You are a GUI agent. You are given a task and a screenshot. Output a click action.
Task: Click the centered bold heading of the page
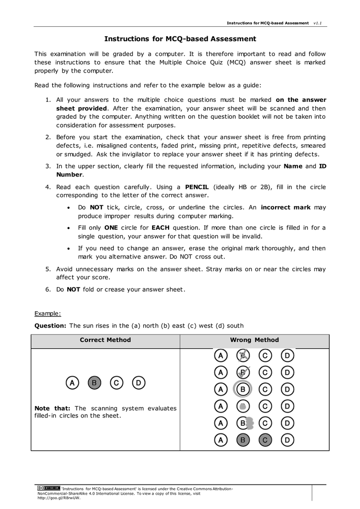(180, 39)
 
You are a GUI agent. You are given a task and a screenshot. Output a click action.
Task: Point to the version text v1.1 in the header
(317, 23)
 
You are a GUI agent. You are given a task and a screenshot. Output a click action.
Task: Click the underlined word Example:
(47, 313)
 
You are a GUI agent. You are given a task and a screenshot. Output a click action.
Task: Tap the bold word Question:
(50, 326)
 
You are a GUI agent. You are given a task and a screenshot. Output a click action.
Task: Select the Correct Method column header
(105, 340)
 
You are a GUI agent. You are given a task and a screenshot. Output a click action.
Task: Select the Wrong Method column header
(254, 340)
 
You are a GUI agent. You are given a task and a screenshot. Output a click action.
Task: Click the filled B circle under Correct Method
(94, 383)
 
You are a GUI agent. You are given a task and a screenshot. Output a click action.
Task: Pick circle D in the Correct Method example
(139, 383)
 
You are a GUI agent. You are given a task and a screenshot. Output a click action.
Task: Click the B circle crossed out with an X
(243, 355)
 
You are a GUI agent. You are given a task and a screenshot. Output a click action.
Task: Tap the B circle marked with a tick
(243, 372)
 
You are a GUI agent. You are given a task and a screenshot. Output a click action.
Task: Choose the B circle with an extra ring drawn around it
(243, 389)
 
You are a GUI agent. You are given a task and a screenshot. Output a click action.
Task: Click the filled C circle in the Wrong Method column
(265, 440)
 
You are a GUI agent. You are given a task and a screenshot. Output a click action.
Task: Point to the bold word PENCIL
(196, 187)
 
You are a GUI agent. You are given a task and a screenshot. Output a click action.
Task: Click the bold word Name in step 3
(293, 166)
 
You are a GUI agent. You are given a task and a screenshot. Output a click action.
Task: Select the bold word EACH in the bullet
(161, 228)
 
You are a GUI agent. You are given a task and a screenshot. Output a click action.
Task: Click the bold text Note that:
(52, 408)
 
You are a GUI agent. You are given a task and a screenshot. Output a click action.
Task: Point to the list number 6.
(48, 289)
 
